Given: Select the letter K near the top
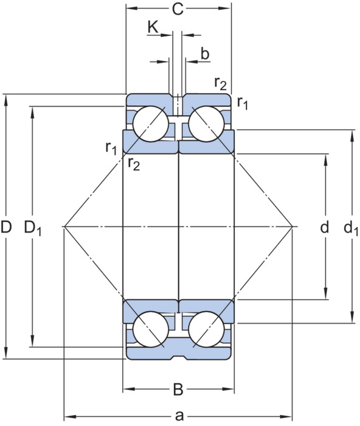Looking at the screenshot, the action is [x=153, y=27].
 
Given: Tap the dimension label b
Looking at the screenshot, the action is [x=205, y=54].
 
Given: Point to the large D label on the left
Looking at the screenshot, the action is [x=6, y=227].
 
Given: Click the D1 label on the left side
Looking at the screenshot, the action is [x=33, y=228].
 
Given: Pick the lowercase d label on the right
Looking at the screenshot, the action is [x=325, y=227].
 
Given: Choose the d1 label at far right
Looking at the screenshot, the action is [x=351, y=228].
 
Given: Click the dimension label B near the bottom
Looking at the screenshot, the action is [x=178, y=389].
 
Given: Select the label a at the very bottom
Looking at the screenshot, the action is [x=179, y=416].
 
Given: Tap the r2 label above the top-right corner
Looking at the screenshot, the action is [x=220, y=83].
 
